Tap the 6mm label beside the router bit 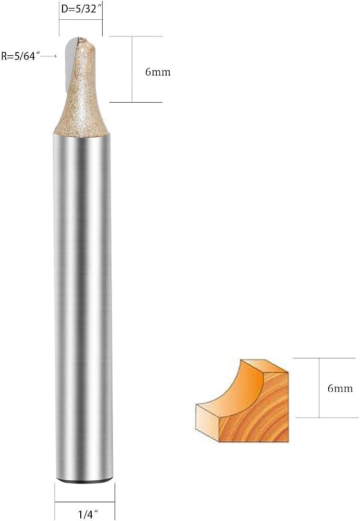(x=158, y=72)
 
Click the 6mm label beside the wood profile (x=340, y=388)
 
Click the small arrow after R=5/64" (x=49, y=56)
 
